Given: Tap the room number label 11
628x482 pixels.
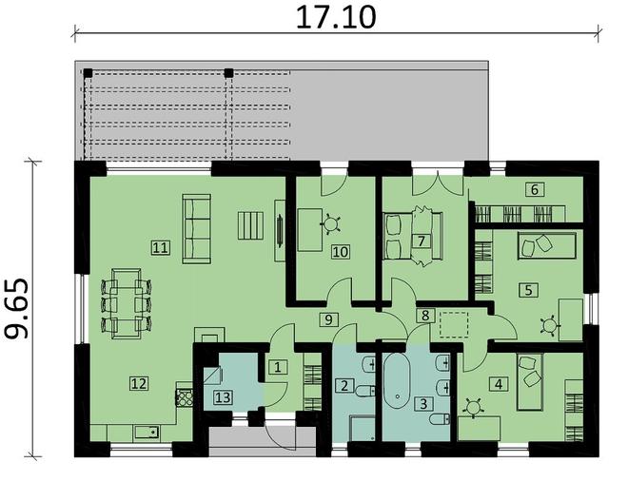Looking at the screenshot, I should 160,247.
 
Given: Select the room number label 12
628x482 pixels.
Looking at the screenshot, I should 139,383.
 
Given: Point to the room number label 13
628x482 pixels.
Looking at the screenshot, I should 222,396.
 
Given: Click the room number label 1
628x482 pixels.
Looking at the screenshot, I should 276,366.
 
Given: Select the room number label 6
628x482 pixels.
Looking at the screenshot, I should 536,189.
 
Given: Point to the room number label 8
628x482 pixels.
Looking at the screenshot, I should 425,315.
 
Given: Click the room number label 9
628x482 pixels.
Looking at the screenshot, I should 328,318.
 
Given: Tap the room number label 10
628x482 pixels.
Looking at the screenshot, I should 339,252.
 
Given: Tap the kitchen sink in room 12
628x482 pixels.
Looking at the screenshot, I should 146,433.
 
